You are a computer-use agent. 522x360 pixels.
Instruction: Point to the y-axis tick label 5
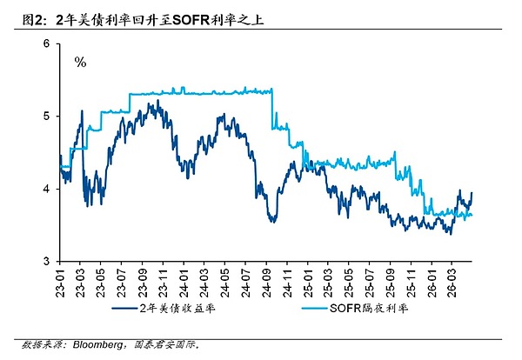coord(44,116)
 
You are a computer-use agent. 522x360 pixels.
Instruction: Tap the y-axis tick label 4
coord(44,188)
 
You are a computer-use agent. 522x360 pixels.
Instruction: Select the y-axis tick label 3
coord(44,260)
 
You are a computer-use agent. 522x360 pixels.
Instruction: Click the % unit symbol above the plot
coord(80,62)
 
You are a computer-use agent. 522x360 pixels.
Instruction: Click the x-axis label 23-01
coord(60,282)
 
